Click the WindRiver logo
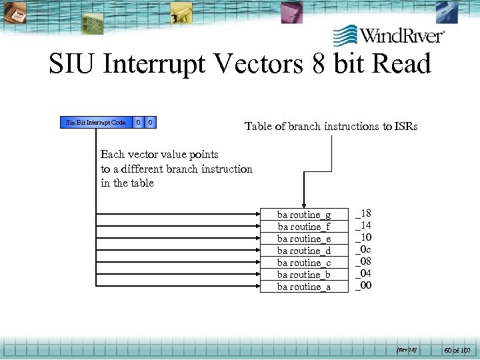[x=389, y=35]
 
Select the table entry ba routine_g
[x=304, y=215]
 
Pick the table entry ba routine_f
[x=304, y=227]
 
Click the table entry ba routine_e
[x=304, y=239]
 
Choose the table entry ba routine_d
[x=304, y=251]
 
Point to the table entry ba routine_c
[x=304, y=263]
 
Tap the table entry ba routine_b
[x=304, y=275]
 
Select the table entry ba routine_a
[x=304, y=287]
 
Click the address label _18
[x=363, y=213]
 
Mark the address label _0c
[x=363, y=249]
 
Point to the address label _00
[x=363, y=285]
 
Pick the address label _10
[x=363, y=237]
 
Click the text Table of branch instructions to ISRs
[x=331, y=126]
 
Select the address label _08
[x=363, y=261]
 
